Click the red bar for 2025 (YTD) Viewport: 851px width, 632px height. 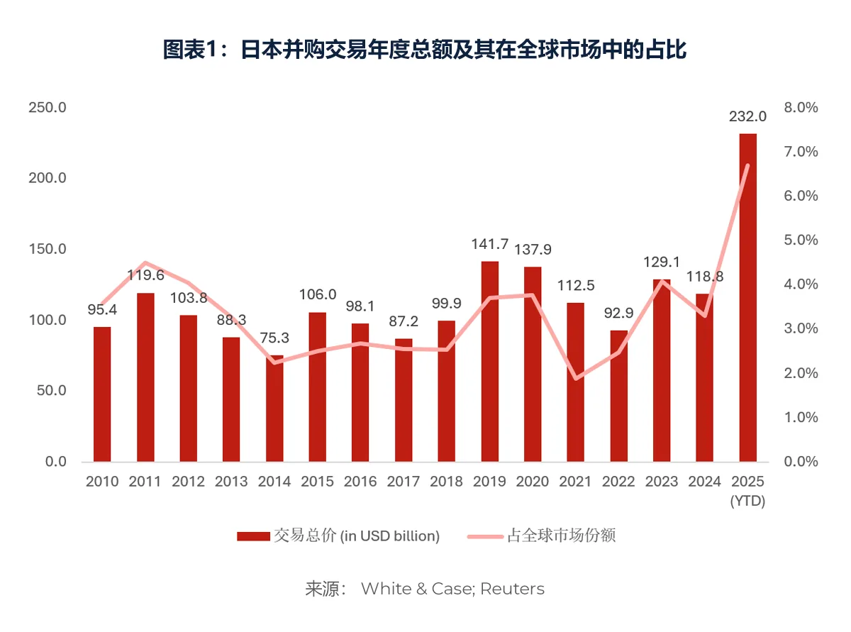(747, 298)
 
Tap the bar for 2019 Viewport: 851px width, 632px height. (490, 362)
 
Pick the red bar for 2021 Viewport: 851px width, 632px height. (576, 382)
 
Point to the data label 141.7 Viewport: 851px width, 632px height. (490, 244)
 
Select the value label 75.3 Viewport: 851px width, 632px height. (274, 338)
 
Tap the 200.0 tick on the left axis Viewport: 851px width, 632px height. (47, 178)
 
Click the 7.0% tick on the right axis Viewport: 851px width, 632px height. (800, 152)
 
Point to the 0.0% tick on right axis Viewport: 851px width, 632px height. (800, 462)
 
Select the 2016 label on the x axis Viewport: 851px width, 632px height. (361, 482)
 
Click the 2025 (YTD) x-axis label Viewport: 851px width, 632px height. (747, 491)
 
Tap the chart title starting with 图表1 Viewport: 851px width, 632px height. (425, 50)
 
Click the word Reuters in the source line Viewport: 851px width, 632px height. (512, 589)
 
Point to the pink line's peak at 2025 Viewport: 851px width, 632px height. (747, 165)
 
